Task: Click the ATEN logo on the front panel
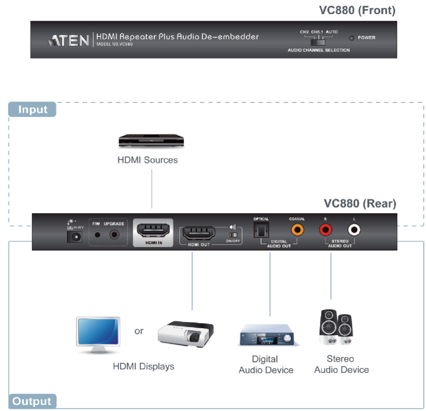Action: coord(69,40)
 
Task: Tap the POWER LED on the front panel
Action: coord(352,38)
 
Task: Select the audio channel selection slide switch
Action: coord(319,42)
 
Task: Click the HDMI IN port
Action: coord(153,230)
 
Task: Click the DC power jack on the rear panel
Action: coord(75,236)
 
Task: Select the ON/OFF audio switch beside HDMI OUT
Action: coord(233,235)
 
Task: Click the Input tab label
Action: coord(32,110)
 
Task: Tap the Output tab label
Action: coord(32,401)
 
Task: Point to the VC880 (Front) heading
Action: coord(357,10)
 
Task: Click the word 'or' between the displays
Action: coord(139,332)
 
